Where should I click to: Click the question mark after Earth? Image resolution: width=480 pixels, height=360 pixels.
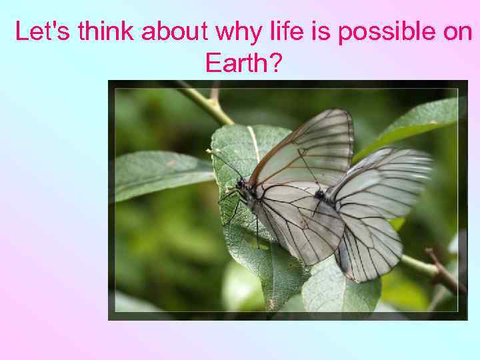click(275, 63)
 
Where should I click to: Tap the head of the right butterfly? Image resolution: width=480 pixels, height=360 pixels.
click(319, 194)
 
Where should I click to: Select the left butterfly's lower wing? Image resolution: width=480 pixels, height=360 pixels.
click(300, 223)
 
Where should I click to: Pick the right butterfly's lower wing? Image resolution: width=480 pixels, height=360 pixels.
click(370, 243)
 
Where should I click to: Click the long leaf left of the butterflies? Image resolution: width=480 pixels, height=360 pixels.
click(160, 175)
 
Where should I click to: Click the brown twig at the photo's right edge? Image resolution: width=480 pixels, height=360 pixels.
click(443, 270)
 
